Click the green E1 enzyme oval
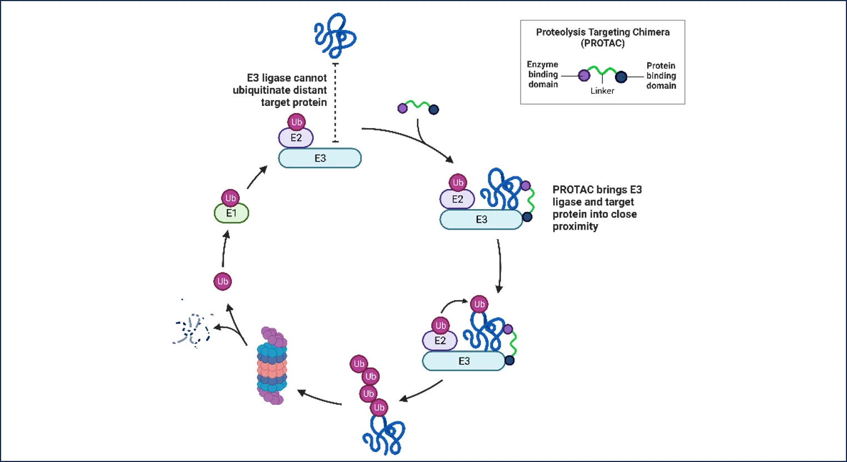pyautogui.click(x=231, y=214)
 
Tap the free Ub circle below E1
pyautogui.click(x=223, y=281)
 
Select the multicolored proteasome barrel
pyautogui.click(x=272, y=366)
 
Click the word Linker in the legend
pyautogui.click(x=602, y=91)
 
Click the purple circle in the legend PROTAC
pyautogui.click(x=584, y=75)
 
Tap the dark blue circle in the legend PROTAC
pyautogui.click(x=621, y=77)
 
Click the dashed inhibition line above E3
pyautogui.click(x=335, y=103)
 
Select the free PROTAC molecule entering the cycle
pyautogui.click(x=418, y=106)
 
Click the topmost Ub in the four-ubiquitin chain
pyautogui.click(x=359, y=364)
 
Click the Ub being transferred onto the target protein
pyautogui.click(x=479, y=304)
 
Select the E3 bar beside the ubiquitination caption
pyautogui.click(x=320, y=158)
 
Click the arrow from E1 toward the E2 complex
pyautogui.click(x=256, y=177)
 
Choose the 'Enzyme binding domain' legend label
pyautogui.click(x=543, y=74)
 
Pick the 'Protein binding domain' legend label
pyautogui.click(x=661, y=75)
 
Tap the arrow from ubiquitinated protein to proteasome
pyautogui.click(x=319, y=398)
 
